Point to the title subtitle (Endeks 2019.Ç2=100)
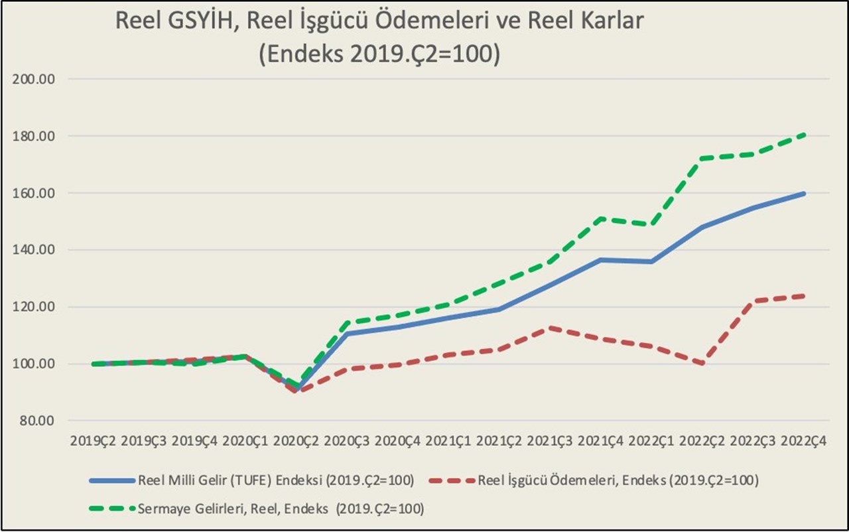(379, 53)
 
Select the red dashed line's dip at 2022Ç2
(702, 364)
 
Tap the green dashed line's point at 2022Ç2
(702, 159)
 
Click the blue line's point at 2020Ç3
(346, 333)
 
